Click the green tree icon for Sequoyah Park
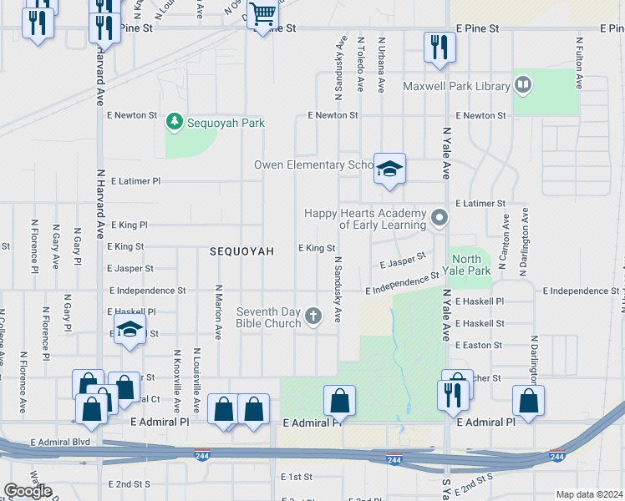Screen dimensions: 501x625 pyautogui.click(x=175, y=123)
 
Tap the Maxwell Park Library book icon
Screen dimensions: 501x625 pyautogui.click(x=523, y=84)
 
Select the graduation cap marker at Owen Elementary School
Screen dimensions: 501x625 pyautogui.click(x=389, y=170)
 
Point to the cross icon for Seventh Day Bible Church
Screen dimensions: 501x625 pyautogui.click(x=313, y=316)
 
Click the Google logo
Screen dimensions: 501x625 pyautogui.click(x=28, y=491)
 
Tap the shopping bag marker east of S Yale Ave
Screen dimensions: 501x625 pyautogui.click(x=529, y=402)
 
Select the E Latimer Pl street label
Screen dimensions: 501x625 pyautogui.click(x=134, y=181)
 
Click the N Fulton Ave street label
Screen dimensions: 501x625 pyautogui.click(x=578, y=63)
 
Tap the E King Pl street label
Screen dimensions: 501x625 pyautogui.click(x=128, y=225)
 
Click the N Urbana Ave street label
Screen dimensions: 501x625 pyautogui.click(x=381, y=64)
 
